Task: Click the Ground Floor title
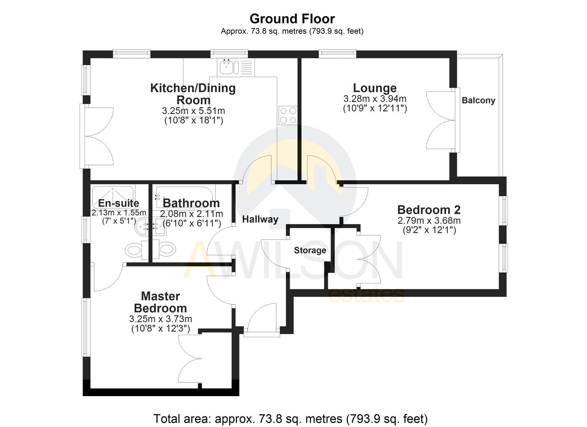(x=292, y=19)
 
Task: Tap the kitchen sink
(x=227, y=67)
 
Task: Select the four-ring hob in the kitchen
(x=288, y=115)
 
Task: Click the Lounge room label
(x=375, y=88)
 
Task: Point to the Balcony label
(x=478, y=100)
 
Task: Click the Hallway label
(x=260, y=219)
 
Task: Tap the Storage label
(x=310, y=250)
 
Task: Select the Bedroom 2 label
(x=429, y=210)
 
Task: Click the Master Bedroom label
(x=160, y=302)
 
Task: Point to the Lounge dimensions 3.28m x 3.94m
(x=375, y=99)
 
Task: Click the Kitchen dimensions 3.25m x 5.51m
(x=193, y=111)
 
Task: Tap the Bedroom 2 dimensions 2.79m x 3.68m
(x=429, y=221)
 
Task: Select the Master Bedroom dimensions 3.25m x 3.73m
(x=160, y=319)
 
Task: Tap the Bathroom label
(x=191, y=203)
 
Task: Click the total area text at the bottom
(x=291, y=418)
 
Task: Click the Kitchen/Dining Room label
(x=193, y=94)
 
